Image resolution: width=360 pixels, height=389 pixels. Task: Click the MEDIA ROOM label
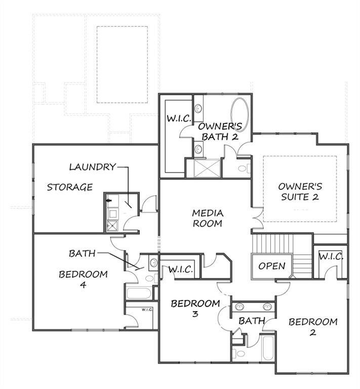point(208,218)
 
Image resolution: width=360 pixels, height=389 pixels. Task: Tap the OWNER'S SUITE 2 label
point(300,191)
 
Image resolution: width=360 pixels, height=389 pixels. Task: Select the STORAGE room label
point(70,187)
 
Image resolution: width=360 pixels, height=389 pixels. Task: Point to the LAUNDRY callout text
point(92,166)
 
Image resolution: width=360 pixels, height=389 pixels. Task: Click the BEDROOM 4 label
point(83,279)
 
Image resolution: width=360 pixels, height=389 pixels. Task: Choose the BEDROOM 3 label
point(195,308)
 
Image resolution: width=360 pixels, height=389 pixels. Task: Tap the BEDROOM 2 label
point(313,327)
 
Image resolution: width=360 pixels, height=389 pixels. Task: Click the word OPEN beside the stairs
point(272,266)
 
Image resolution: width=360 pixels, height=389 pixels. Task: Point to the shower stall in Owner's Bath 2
point(205,168)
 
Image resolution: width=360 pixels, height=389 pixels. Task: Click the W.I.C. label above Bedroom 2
point(331,256)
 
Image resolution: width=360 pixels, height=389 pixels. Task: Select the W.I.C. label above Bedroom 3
point(180,269)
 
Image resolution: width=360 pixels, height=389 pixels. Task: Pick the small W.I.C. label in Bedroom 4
point(147,309)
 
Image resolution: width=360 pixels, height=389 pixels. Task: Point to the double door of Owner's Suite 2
point(258,217)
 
